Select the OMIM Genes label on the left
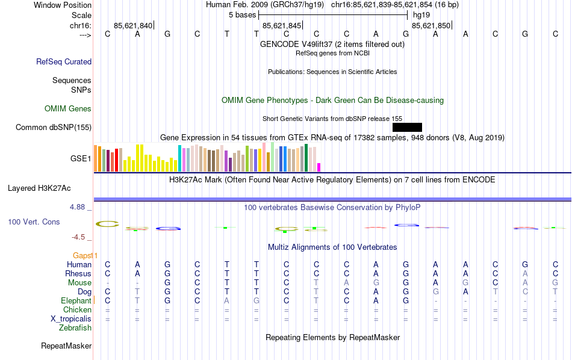coord(68,109)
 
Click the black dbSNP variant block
coord(407,127)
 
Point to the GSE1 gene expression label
coord(81,159)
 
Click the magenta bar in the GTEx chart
coord(319,167)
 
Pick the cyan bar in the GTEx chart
coord(179,158)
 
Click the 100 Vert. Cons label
coord(34,222)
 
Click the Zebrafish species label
coord(75,328)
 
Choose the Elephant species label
coord(76,300)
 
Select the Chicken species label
coord(77,309)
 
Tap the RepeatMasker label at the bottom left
coord(66,346)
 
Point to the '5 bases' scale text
coord(243,14)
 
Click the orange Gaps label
coord(85,255)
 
